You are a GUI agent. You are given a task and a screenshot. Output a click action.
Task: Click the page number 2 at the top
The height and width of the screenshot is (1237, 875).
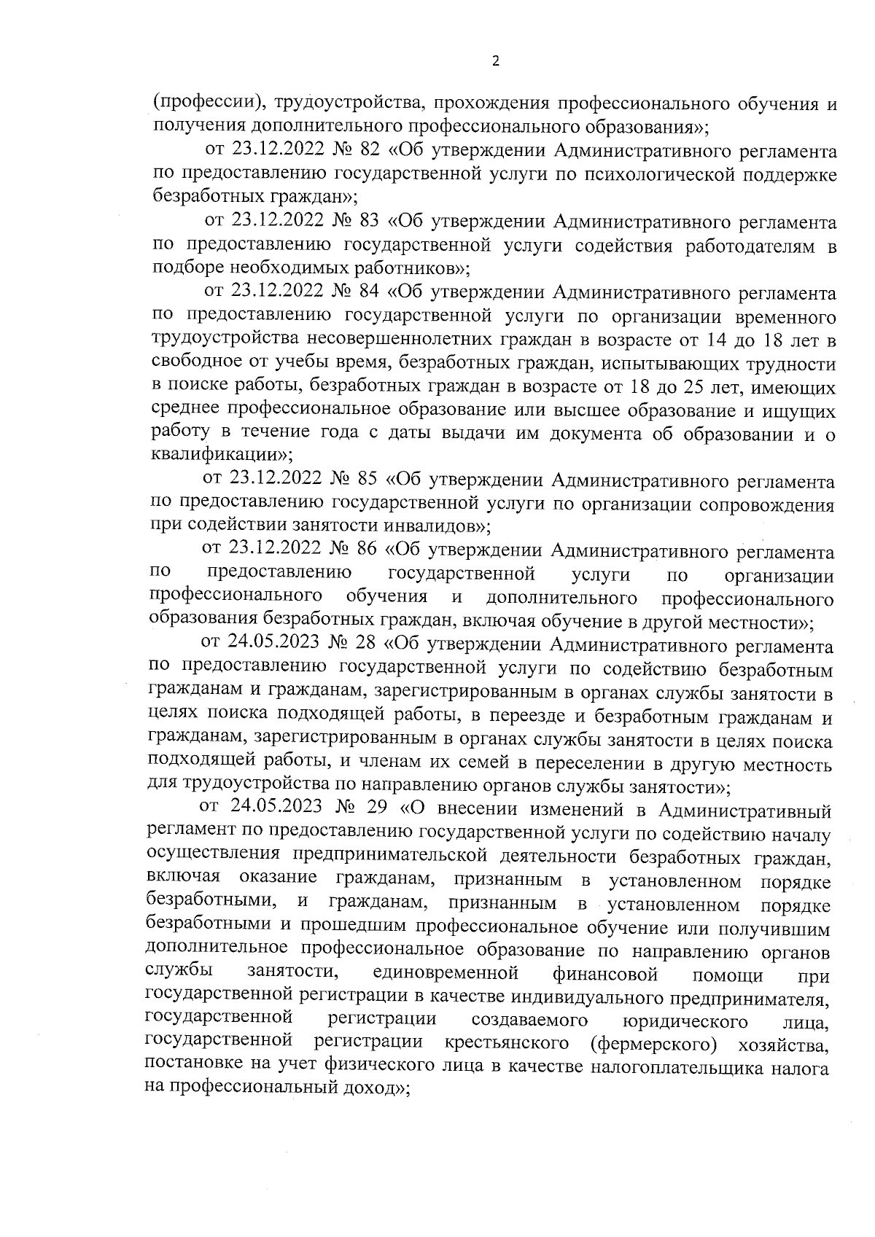pos(496,62)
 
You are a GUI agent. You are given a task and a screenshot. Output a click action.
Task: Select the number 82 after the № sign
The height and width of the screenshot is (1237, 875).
pos(370,152)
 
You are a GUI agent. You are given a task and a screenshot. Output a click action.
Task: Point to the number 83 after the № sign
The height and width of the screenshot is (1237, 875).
pos(370,222)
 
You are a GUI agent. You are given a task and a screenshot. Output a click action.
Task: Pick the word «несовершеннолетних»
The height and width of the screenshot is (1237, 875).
pos(394,340)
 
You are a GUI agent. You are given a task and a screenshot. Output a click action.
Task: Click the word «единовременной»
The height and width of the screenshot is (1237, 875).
pos(444,974)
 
